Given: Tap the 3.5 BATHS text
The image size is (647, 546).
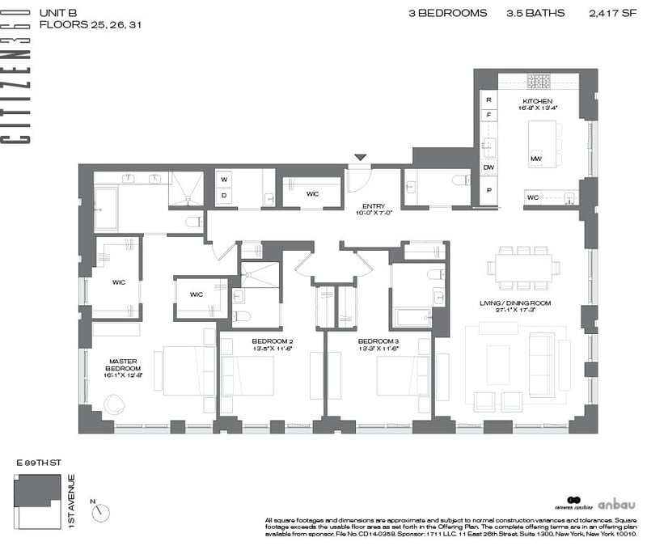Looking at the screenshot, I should click(535, 13).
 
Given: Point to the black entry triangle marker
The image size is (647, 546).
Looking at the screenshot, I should click(361, 158).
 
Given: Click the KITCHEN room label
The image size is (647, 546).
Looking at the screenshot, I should click(535, 101).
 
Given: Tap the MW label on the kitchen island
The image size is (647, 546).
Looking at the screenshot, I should click(535, 159).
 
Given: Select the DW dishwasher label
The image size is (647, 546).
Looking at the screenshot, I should click(488, 167).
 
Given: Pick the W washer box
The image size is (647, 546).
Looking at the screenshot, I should click(224, 179).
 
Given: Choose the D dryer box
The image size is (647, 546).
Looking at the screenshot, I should click(224, 195).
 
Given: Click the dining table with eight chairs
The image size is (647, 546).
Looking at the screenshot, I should click(523, 268).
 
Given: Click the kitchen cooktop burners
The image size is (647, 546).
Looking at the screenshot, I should click(539, 81).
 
